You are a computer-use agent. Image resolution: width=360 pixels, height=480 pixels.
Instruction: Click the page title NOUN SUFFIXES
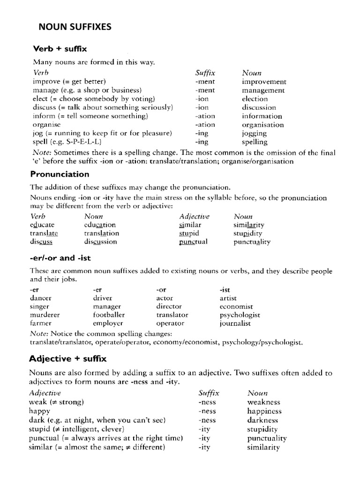tap(75, 27)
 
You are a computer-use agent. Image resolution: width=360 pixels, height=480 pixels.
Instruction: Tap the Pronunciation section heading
tap(60, 174)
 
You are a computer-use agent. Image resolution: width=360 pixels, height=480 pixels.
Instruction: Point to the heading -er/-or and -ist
tap(59, 257)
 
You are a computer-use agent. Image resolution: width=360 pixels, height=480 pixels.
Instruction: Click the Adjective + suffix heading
tap(68, 359)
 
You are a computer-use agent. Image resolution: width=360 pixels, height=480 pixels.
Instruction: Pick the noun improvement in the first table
tap(264, 82)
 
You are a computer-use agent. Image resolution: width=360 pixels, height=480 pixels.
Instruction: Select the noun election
tap(255, 99)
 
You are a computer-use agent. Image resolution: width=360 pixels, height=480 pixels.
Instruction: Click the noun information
tap(262, 116)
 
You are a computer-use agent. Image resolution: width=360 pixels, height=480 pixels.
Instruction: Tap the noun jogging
tap(255, 134)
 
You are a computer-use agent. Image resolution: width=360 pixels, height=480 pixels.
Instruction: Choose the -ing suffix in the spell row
tap(202, 142)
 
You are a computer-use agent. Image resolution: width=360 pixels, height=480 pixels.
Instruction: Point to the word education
tap(100, 225)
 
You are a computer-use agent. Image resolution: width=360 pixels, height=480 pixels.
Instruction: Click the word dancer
tap(41, 298)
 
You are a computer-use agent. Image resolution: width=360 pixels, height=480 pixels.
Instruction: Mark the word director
tap(169, 306)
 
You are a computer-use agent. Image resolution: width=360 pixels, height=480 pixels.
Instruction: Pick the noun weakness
tap(263, 402)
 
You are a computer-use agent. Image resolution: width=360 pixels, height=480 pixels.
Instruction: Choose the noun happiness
tap(264, 411)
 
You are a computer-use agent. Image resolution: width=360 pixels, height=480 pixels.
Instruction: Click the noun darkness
tap(263, 420)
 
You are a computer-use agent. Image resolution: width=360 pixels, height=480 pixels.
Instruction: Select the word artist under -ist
tap(228, 298)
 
